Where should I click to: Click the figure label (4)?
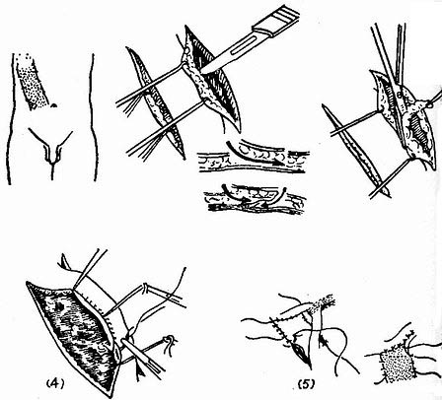[x=54, y=383]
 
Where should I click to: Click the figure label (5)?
[x=306, y=383]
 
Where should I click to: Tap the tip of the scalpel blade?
[x=200, y=72]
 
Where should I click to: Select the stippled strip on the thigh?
[x=31, y=82]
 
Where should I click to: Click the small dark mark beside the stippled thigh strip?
[x=54, y=105]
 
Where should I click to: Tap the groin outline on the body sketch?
[x=51, y=148]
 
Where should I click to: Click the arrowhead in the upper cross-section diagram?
[x=279, y=163]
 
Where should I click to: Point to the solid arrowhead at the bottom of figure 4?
[x=140, y=372]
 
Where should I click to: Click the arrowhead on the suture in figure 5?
[x=323, y=341]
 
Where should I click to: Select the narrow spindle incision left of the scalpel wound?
[x=155, y=101]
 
